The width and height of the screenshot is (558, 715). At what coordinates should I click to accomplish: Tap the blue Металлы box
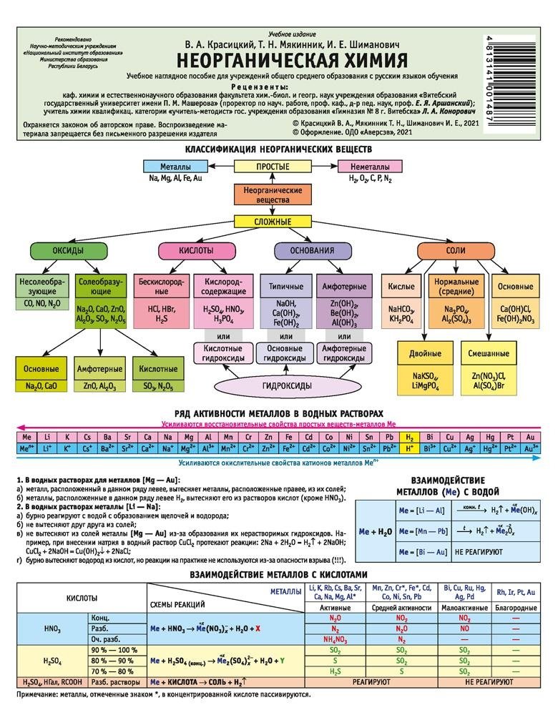(x=175, y=167)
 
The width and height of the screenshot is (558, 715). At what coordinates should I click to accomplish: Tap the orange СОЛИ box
(x=456, y=251)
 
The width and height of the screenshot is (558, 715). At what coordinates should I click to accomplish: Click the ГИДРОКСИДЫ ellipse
(x=285, y=385)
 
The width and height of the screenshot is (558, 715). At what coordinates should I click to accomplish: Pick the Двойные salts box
(x=425, y=353)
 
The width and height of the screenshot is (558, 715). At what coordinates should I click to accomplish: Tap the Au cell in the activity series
(x=529, y=436)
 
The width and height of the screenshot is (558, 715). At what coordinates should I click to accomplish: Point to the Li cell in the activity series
(x=46, y=436)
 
